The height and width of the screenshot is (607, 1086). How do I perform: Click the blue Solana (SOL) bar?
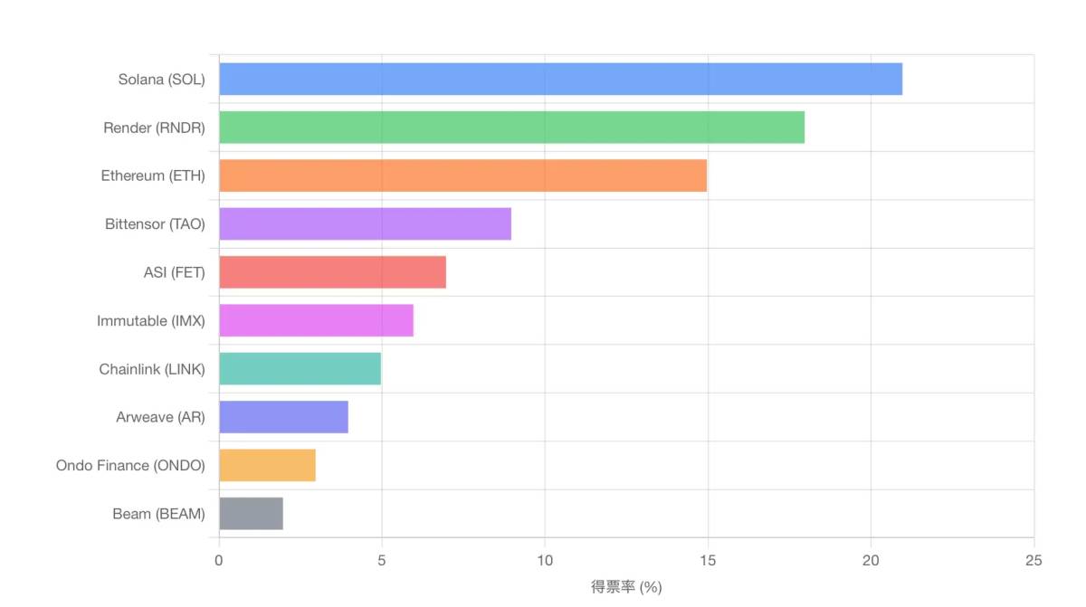(x=560, y=79)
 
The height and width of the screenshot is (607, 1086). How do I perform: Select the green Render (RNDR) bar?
(x=511, y=128)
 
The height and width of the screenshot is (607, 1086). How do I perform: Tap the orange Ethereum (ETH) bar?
(x=462, y=175)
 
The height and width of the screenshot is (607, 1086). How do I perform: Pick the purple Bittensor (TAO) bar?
(x=365, y=223)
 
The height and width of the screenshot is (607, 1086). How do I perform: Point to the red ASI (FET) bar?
(x=332, y=272)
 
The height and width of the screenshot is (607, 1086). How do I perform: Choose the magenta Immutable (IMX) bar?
(x=316, y=320)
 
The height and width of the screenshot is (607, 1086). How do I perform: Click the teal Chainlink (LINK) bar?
(x=300, y=368)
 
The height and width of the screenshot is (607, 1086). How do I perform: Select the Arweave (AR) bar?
(x=283, y=417)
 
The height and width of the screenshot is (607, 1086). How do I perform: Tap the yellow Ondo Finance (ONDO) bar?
(x=267, y=465)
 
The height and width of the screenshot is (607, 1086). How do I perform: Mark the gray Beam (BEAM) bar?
(x=251, y=514)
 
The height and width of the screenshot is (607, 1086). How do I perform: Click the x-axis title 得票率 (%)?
(x=626, y=587)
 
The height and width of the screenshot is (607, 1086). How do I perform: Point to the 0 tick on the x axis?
(x=219, y=561)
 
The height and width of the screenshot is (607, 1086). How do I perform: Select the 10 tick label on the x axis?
(x=545, y=561)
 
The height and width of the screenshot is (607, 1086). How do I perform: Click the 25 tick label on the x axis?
(x=1034, y=561)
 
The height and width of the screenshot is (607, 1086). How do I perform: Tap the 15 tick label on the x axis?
(x=708, y=561)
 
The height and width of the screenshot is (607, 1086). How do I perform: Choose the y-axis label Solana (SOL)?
(x=161, y=80)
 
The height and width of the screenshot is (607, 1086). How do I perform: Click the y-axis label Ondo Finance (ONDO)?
(x=130, y=466)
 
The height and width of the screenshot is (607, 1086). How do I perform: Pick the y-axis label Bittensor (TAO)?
(x=155, y=224)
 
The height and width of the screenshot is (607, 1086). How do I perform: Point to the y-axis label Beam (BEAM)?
(x=158, y=514)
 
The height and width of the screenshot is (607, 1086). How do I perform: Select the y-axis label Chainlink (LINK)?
(x=152, y=369)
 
